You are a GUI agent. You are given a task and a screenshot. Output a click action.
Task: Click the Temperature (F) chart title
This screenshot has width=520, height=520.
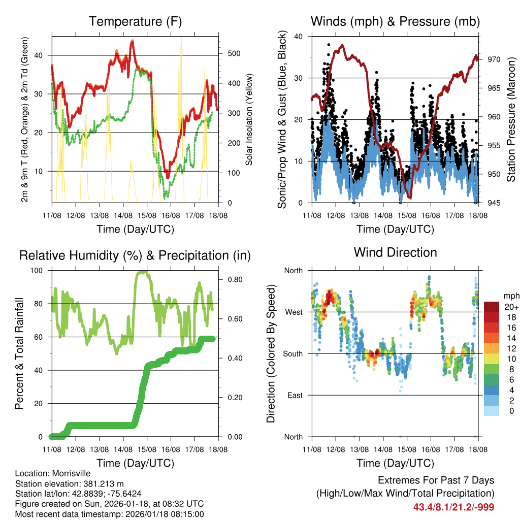135,21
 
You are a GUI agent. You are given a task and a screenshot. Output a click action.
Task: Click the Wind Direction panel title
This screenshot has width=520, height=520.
395,252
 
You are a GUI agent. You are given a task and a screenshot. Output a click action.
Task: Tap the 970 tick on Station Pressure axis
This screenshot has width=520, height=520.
495,59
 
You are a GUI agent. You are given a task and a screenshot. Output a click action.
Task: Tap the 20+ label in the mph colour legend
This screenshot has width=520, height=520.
510,307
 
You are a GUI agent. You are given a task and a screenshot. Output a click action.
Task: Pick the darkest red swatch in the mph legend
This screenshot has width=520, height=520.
492,307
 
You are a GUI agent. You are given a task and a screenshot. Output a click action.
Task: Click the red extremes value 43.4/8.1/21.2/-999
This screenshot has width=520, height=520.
453,507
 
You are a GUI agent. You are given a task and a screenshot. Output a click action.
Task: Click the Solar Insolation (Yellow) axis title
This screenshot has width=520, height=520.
249,120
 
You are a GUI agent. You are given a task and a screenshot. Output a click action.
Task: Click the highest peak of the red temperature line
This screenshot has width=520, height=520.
133,41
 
